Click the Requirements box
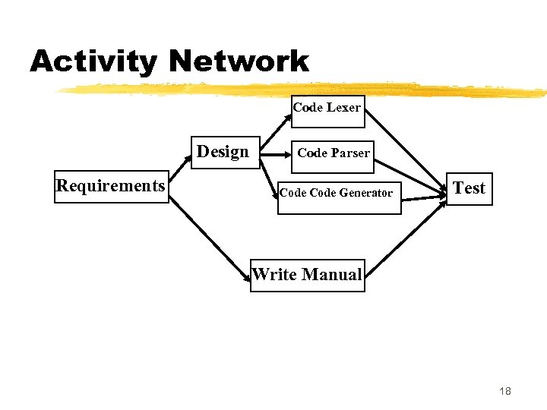(110, 187)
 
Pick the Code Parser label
(334, 153)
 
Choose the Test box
(469, 188)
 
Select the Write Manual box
(307, 275)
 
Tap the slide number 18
(505, 391)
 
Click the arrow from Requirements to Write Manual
(210, 239)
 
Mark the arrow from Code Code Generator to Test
(423, 197)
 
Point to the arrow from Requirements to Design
(179, 175)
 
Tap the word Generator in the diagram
(366, 193)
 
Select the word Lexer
(343, 107)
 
